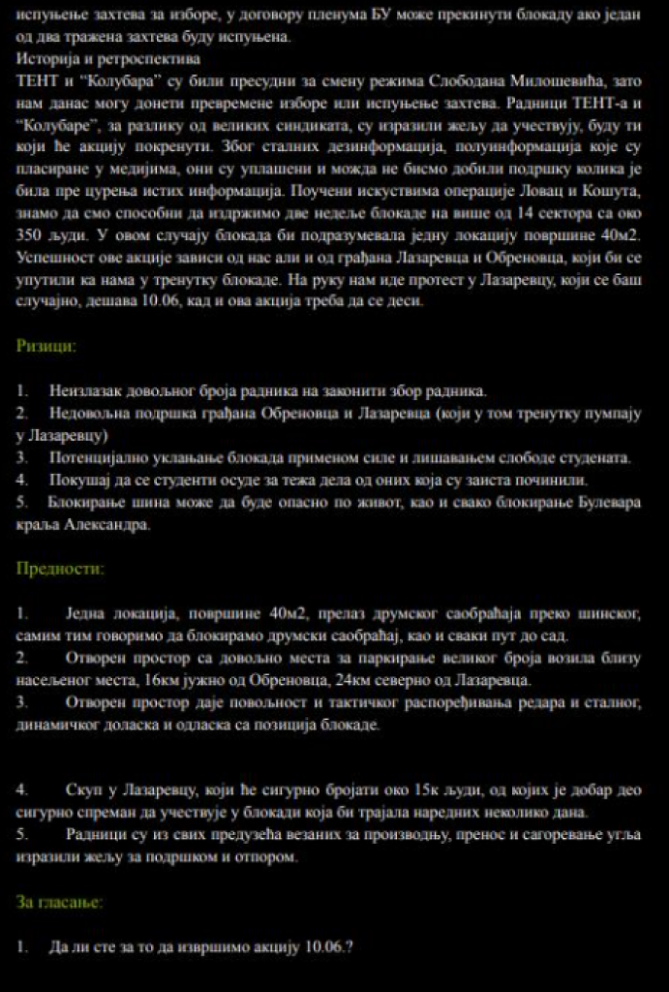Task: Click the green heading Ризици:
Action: coord(46,346)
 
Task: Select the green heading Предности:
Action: coord(60,569)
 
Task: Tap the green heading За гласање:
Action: coord(59,902)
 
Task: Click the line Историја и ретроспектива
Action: coord(109,59)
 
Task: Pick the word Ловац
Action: coord(546,192)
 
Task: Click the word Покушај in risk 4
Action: coord(75,480)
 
